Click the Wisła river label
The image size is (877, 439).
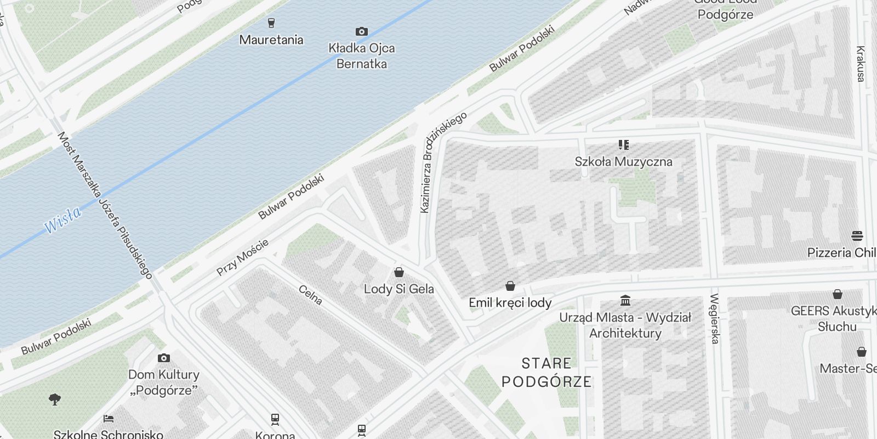(x=62, y=219)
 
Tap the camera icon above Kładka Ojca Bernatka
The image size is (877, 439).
(x=361, y=31)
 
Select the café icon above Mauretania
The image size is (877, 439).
(x=271, y=22)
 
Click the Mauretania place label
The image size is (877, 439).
(x=271, y=40)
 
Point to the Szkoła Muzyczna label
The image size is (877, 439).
(x=623, y=161)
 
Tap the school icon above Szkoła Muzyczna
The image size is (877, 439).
(x=623, y=145)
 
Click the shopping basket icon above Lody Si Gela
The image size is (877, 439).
(x=399, y=272)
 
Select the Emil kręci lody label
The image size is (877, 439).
(x=510, y=302)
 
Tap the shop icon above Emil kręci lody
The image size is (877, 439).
(x=510, y=286)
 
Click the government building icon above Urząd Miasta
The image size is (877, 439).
(x=625, y=301)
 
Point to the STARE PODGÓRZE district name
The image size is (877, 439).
(x=546, y=372)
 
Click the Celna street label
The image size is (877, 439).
(x=310, y=295)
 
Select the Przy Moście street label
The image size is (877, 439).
(x=242, y=257)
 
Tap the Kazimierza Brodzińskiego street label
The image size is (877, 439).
(x=442, y=162)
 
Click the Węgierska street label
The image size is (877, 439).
(x=714, y=319)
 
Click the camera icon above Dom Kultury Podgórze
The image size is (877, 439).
(x=163, y=358)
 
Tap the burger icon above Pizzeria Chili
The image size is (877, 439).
(x=857, y=236)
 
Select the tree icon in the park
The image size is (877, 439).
(x=55, y=399)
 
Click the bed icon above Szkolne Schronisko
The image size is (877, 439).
(x=109, y=419)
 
